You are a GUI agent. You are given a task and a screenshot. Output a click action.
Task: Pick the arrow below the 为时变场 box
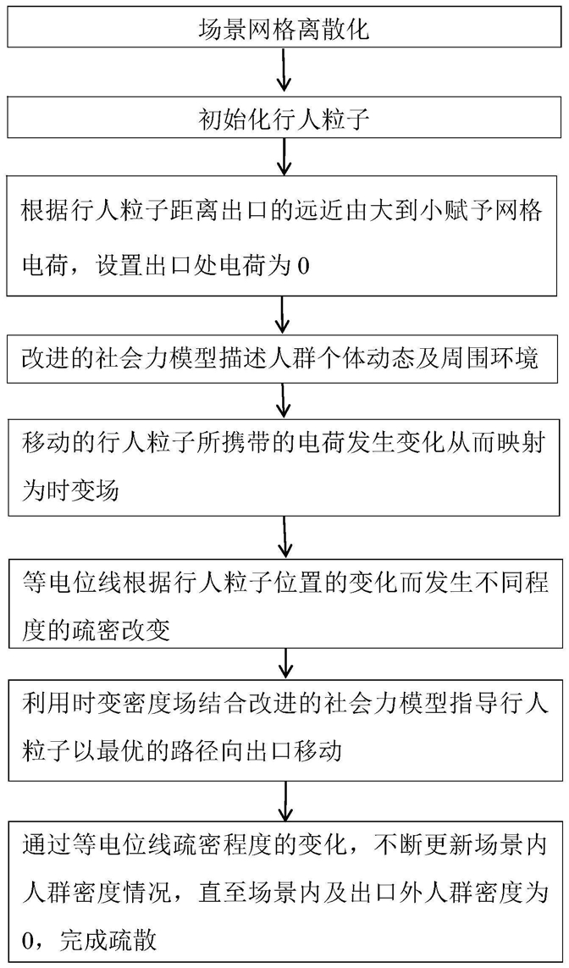point(284,536)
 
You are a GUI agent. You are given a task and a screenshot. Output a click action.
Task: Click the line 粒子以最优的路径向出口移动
point(182,752)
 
